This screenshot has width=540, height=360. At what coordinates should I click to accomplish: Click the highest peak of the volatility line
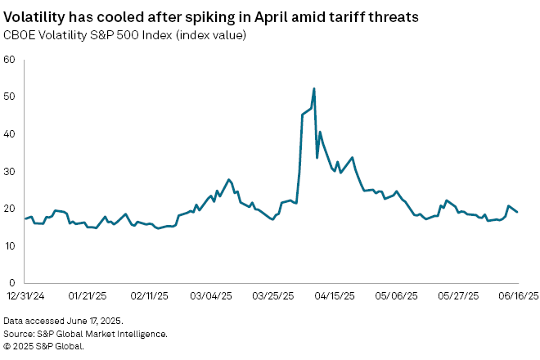coord(314,88)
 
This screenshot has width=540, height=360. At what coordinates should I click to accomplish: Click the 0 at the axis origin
coord(11,283)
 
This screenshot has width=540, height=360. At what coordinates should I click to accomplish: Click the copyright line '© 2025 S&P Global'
coord(44,345)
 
